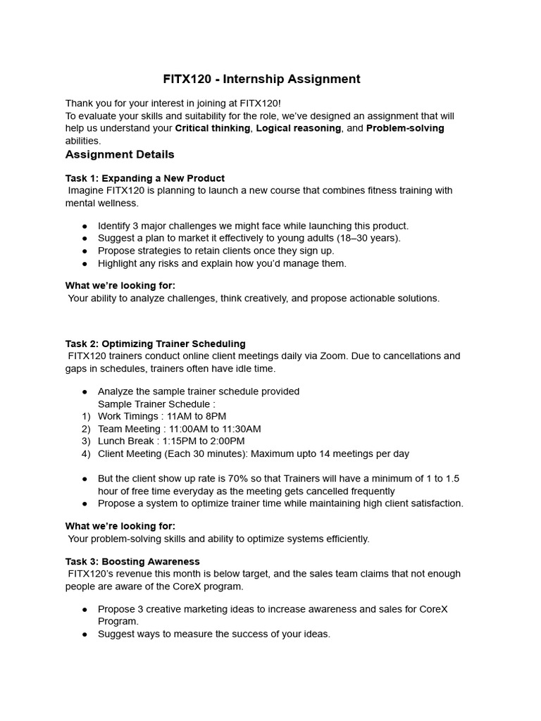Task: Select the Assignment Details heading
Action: tap(120, 154)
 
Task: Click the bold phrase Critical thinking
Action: tap(212, 128)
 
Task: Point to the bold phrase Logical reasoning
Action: tap(299, 128)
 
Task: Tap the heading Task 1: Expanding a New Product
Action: tap(145, 178)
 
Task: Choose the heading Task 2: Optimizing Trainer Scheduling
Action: tap(156, 344)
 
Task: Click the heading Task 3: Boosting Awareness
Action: tap(132, 561)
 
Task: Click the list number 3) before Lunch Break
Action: tap(86, 441)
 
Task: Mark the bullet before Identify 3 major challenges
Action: tap(85, 226)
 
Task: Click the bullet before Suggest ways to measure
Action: tap(85, 634)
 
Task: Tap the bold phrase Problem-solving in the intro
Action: tap(405, 128)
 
